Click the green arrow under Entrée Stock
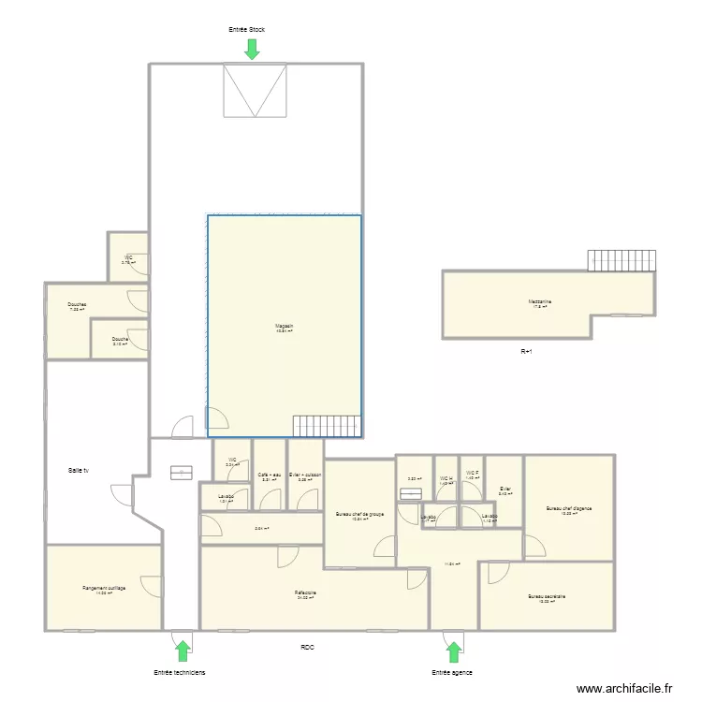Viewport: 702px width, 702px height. pos(252,49)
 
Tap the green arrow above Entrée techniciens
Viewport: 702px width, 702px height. pos(183,650)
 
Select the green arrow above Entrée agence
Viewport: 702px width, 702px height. pos(454,651)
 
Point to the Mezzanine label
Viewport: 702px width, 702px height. pos(539,301)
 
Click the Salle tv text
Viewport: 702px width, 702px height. pos(79,470)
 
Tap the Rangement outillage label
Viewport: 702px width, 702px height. pos(104,588)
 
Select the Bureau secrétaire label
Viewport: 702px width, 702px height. pos(547,596)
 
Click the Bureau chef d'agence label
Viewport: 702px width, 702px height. pos(569,509)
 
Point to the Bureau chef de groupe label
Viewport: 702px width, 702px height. pos(360,514)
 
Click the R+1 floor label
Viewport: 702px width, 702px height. pos(527,352)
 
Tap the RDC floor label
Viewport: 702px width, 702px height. pos(308,648)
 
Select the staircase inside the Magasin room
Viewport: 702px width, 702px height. pos(327,426)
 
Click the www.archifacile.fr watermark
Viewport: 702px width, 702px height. pos(624,689)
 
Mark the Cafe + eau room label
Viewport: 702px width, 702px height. pos(270,475)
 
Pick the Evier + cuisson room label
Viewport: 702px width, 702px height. pos(305,475)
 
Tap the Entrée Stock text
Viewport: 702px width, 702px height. pos(247,30)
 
